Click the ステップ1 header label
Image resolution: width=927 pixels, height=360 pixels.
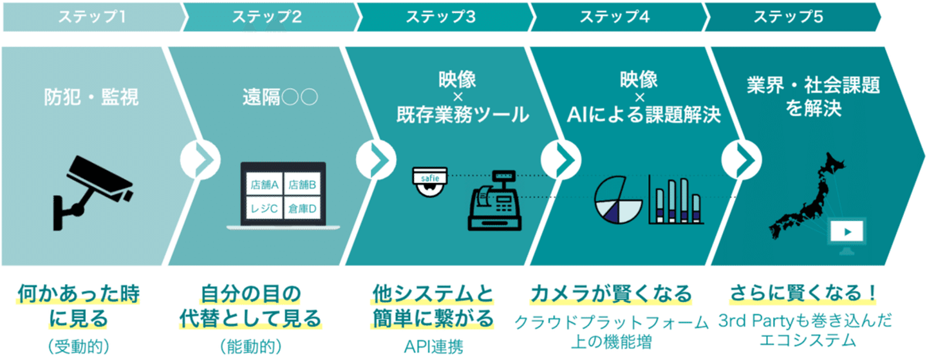pos(92,17)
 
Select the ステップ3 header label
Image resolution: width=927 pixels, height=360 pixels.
pos(441,17)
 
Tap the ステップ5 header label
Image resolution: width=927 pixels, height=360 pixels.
pos(789,17)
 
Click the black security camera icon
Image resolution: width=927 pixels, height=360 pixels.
pos(93,193)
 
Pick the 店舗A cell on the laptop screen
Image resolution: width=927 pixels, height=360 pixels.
pos(265,185)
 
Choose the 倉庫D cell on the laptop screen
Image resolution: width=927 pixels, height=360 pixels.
pos(303,208)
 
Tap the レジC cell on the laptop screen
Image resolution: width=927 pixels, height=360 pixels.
pos(265,208)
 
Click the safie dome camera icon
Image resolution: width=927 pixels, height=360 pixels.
pos(430,182)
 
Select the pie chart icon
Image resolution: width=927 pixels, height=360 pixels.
pos(618,200)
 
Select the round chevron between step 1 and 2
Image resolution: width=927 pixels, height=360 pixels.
pos(200,160)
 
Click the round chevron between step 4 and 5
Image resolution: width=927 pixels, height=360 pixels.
pos(742,160)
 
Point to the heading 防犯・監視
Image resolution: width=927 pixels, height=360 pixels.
pos(91,98)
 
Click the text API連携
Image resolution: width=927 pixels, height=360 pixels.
pos(433,346)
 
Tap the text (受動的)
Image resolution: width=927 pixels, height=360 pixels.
pos(79,346)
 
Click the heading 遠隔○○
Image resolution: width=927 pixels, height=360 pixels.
pos(280,98)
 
